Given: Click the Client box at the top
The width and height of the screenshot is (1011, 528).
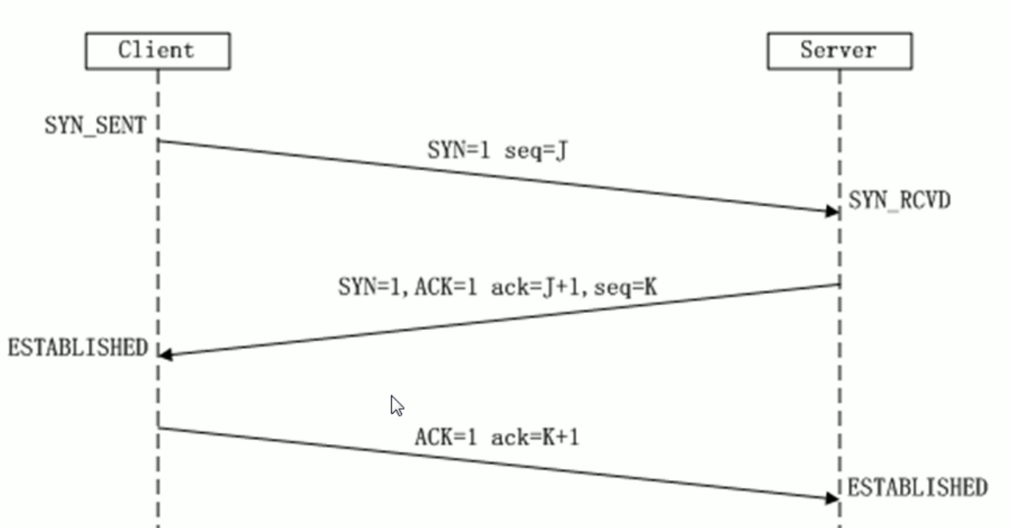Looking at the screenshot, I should (x=157, y=51).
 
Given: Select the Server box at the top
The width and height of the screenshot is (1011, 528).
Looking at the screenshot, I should (x=839, y=51).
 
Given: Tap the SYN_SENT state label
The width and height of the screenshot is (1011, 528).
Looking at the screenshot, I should (x=95, y=125).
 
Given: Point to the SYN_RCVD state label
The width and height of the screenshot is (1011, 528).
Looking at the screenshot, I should (x=899, y=200).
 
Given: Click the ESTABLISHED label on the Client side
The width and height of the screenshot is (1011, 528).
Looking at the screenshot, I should (x=78, y=347).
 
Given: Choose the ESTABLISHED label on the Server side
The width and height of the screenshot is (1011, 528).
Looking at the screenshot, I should (x=917, y=486).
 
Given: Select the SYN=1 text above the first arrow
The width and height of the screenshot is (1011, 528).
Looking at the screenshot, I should (x=458, y=151).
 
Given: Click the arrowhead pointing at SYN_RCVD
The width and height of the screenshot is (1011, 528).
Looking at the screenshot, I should (x=832, y=211).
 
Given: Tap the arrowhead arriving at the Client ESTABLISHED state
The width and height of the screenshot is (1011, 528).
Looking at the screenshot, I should (x=165, y=354).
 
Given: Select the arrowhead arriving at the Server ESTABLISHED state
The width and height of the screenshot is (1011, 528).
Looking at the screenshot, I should (x=832, y=498).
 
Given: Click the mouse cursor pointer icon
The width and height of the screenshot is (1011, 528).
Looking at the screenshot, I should (x=396, y=405).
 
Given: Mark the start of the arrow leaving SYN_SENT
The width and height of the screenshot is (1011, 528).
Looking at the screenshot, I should (x=159, y=141).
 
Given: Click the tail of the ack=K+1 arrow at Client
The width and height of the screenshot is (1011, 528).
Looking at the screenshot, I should (x=159, y=428).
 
